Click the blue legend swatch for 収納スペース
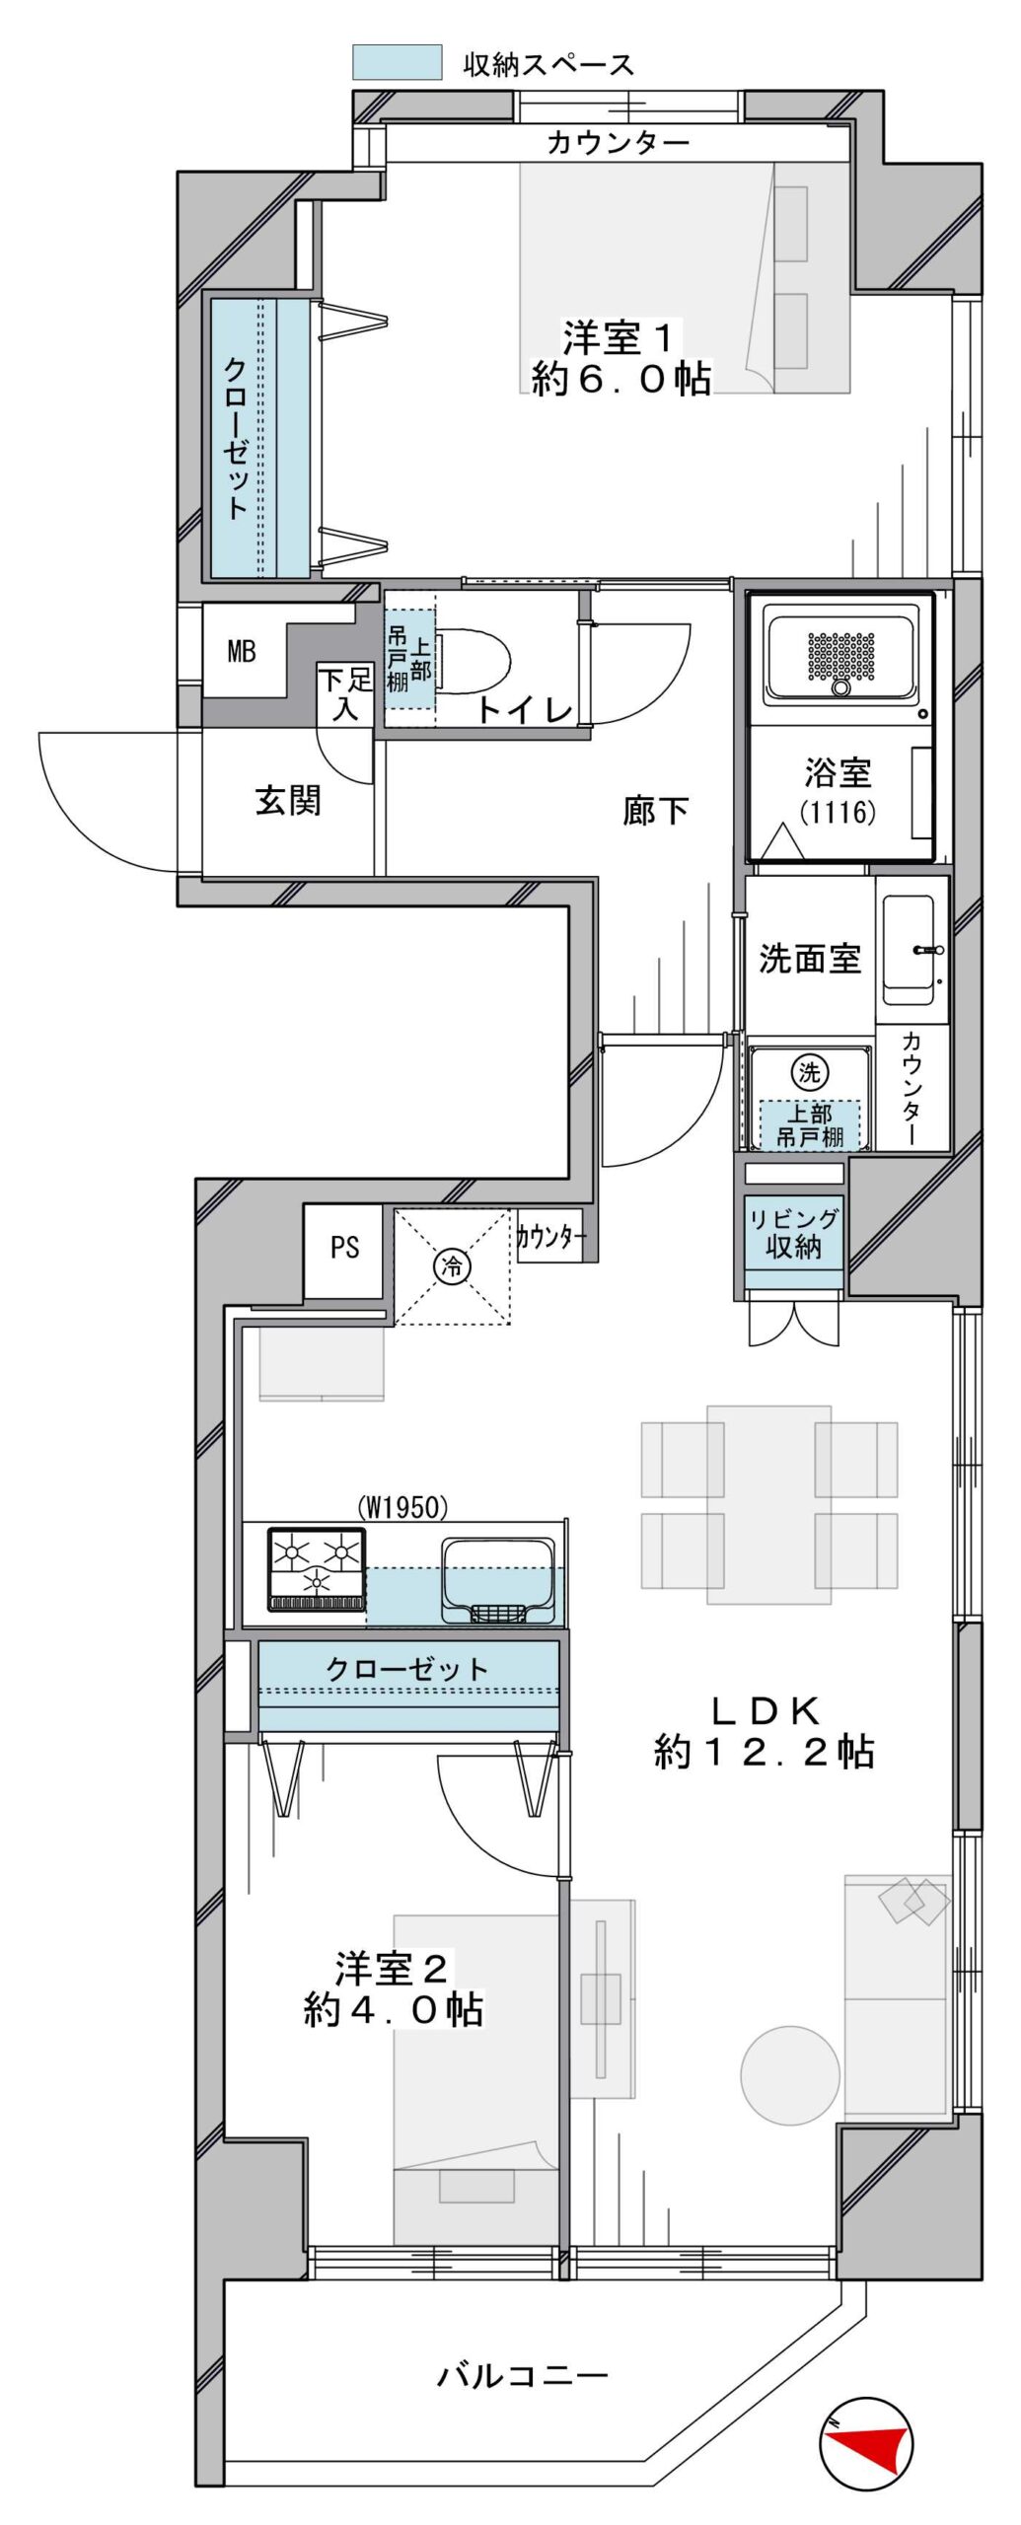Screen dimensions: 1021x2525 pyautogui.click(x=397, y=62)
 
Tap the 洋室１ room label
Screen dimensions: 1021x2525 pyautogui.click(x=619, y=338)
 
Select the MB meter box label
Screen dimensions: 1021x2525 pyautogui.click(x=242, y=651)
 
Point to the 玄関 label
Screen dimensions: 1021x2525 pyautogui.click(x=288, y=800)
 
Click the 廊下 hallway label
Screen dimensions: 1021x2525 pyautogui.click(x=655, y=811)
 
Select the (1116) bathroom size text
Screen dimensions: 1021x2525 pyautogui.click(x=838, y=813)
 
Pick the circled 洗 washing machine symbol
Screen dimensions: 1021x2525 pyautogui.click(x=810, y=1072)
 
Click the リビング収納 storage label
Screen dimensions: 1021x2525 pyautogui.click(x=793, y=1233)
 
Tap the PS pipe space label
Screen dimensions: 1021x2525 pyautogui.click(x=344, y=1247)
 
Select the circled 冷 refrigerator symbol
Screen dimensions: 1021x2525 pyautogui.click(x=453, y=1265)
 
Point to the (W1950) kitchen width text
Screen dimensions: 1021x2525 pyautogui.click(x=402, y=1507)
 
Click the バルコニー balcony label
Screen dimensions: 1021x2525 pyautogui.click(x=523, y=2375)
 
